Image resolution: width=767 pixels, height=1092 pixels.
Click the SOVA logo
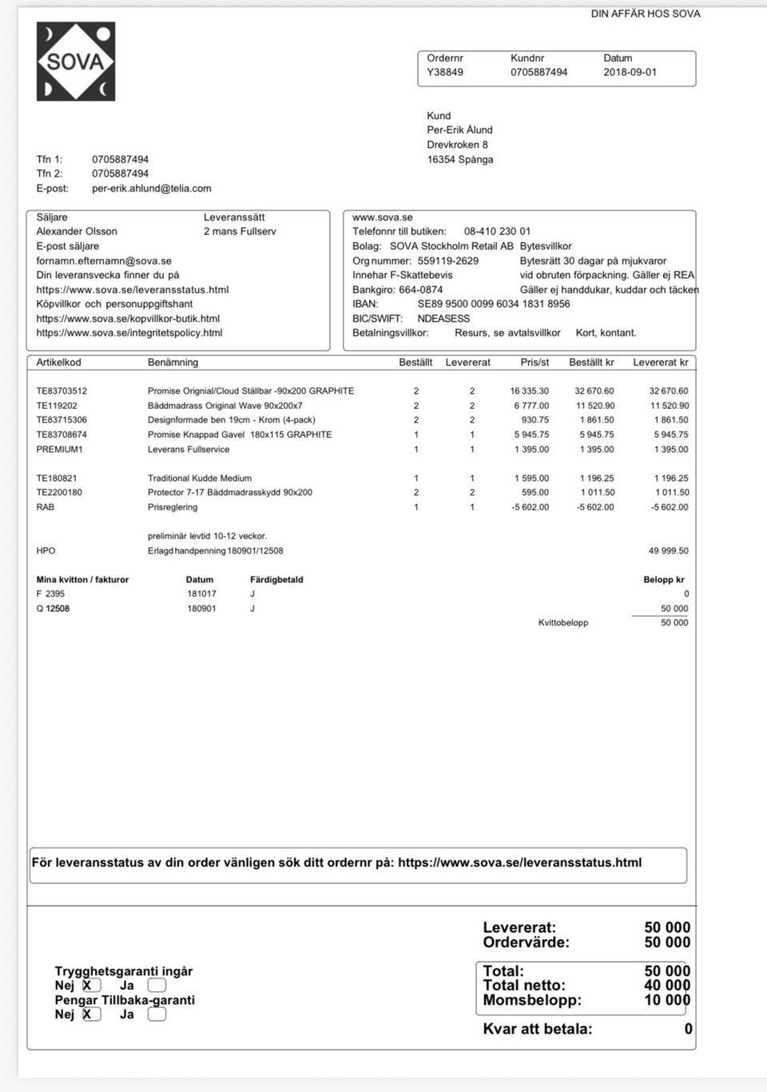click(x=76, y=62)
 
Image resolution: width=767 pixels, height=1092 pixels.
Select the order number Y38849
click(x=445, y=72)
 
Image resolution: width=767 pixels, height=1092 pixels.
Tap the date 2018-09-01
click(x=630, y=72)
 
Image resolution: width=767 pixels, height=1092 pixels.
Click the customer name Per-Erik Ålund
click(x=459, y=129)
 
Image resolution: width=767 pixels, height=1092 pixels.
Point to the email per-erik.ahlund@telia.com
click(x=152, y=189)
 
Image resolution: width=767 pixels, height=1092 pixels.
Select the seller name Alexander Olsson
click(x=77, y=232)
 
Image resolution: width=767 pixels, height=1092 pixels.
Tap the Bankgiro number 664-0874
click(x=421, y=289)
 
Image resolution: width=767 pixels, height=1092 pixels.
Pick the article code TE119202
click(x=57, y=406)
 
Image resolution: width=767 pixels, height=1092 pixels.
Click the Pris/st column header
click(x=535, y=363)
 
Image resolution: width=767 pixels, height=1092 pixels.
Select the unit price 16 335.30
click(x=529, y=391)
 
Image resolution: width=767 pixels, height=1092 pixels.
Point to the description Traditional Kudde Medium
click(x=200, y=478)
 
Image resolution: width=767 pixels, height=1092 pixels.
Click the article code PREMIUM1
click(x=59, y=450)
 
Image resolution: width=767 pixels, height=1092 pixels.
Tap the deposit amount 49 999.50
click(x=668, y=550)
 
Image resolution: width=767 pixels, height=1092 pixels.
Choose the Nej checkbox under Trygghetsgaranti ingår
click(x=91, y=986)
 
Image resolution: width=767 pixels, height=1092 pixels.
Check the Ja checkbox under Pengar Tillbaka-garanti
click(x=157, y=1015)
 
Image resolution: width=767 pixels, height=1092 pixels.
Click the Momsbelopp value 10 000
click(x=667, y=1000)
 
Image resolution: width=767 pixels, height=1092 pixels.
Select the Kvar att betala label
click(x=538, y=1029)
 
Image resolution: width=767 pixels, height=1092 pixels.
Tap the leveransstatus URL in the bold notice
click(x=519, y=863)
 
